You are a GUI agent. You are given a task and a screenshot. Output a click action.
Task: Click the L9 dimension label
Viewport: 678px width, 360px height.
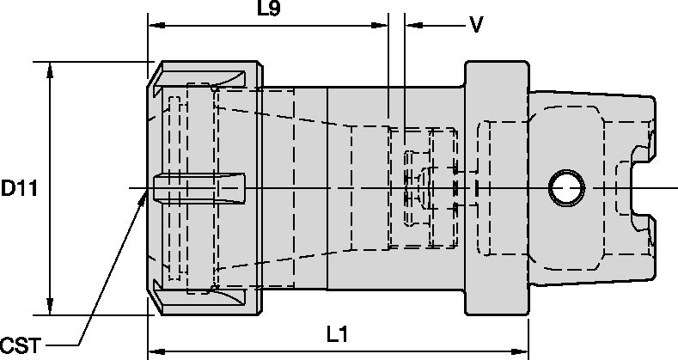(x=268, y=9)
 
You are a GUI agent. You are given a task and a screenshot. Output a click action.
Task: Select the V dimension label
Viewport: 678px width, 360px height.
(x=476, y=25)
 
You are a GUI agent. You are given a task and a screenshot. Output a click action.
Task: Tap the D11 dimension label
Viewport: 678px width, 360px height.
(x=19, y=188)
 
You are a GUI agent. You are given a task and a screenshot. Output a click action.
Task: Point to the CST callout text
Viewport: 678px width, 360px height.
(x=21, y=345)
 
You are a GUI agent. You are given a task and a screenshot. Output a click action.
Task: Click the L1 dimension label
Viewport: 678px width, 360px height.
(x=337, y=334)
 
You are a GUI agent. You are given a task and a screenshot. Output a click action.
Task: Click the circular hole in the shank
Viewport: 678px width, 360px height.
(x=566, y=188)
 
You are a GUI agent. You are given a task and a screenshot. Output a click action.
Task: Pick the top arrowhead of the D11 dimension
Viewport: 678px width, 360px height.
(x=50, y=70)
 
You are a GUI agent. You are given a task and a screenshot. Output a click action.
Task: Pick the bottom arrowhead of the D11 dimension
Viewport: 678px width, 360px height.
(x=50, y=307)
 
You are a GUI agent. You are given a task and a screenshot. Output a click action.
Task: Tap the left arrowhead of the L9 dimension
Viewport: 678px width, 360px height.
(x=156, y=26)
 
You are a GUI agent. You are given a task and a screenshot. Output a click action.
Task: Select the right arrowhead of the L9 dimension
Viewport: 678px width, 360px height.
(x=380, y=26)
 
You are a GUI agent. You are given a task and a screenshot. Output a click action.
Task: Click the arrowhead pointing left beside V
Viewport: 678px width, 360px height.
(x=413, y=26)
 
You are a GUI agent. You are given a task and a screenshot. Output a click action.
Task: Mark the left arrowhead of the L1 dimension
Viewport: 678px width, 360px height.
(x=156, y=351)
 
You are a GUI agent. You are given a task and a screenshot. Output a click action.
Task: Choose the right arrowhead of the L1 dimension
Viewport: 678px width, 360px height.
(x=520, y=351)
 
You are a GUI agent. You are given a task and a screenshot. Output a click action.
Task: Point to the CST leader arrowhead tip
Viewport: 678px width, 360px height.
(x=147, y=190)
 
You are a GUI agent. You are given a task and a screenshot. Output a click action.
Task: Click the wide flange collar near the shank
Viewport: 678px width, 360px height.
(x=497, y=188)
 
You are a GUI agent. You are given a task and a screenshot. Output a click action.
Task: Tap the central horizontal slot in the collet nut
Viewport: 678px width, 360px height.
(x=199, y=188)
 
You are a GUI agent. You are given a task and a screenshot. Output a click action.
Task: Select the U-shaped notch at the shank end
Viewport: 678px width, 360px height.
(x=641, y=188)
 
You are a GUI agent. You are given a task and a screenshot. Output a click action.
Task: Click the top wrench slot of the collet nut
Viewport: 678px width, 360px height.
(x=199, y=80)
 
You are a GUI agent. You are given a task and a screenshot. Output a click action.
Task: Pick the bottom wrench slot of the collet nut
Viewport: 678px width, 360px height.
(x=199, y=297)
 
